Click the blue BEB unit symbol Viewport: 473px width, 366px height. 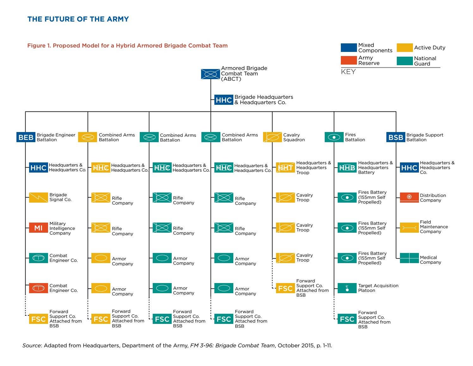[x=26, y=137]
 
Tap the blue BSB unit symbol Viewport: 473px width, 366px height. [x=396, y=137]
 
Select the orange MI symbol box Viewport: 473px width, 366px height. [x=38, y=228]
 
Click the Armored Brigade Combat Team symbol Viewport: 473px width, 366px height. [x=211, y=74]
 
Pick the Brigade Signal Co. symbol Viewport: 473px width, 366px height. [x=38, y=198]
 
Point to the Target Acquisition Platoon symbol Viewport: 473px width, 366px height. [x=347, y=288]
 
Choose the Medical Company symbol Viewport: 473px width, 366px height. [x=409, y=258]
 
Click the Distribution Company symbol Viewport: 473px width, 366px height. [x=409, y=197]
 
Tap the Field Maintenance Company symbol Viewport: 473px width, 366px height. [x=409, y=228]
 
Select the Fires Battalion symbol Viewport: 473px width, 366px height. [x=334, y=137]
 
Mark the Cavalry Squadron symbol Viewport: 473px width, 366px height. [x=272, y=137]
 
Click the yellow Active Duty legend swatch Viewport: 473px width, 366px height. [x=405, y=48]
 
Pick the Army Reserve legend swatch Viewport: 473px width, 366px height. [x=349, y=60]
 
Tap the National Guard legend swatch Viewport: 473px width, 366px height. [x=405, y=61]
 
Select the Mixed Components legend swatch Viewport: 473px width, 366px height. [x=349, y=48]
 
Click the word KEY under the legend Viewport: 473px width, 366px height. [x=348, y=72]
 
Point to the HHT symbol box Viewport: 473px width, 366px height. [x=285, y=167]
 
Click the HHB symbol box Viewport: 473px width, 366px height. [x=347, y=167]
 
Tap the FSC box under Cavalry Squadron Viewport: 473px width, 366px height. [x=285, y=288]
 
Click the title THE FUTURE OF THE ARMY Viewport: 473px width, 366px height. [x=78, y=19]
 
